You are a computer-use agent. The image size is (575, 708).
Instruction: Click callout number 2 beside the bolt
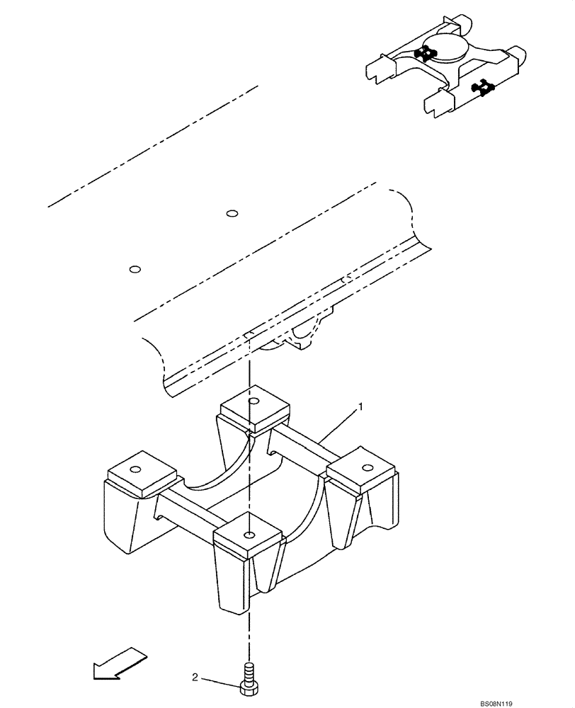point(195,678)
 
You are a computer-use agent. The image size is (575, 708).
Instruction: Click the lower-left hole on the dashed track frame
point(135,269)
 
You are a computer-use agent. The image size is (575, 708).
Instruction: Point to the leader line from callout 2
point(220,681)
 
